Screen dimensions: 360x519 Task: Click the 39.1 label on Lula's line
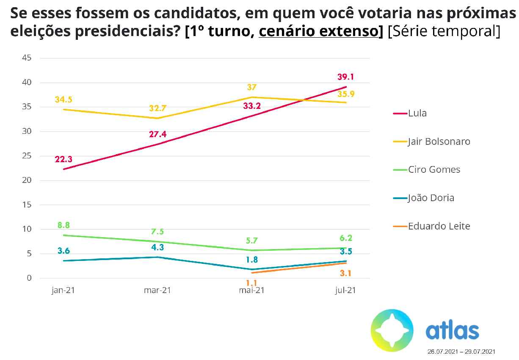coord(345,77)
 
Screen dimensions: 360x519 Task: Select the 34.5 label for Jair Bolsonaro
coord(63,100)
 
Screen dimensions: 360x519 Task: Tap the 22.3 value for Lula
coord(63,159)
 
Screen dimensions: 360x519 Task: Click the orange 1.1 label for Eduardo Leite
coord(251,282)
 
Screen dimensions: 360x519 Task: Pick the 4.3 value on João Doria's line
coord(157,247)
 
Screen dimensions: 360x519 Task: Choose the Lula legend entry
coord(417,113)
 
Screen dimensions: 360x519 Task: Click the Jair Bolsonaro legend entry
coord(439,141)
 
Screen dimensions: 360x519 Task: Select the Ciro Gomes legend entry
coord(433,169)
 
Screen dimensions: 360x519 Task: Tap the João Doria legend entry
coord(431,198)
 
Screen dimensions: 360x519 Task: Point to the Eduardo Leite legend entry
coord(439,226)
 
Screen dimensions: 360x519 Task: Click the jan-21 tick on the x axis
coord(63,291)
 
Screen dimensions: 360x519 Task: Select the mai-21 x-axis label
coord(251,291)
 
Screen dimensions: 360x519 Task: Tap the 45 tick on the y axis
coord(27,58)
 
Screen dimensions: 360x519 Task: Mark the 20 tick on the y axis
coord(27,180)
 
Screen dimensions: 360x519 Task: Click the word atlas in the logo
coord(452,331)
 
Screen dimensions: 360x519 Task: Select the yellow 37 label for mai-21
coord(252,88)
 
